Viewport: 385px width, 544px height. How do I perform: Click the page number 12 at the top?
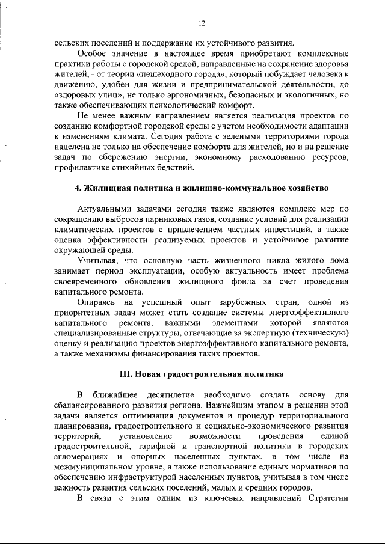200,23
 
